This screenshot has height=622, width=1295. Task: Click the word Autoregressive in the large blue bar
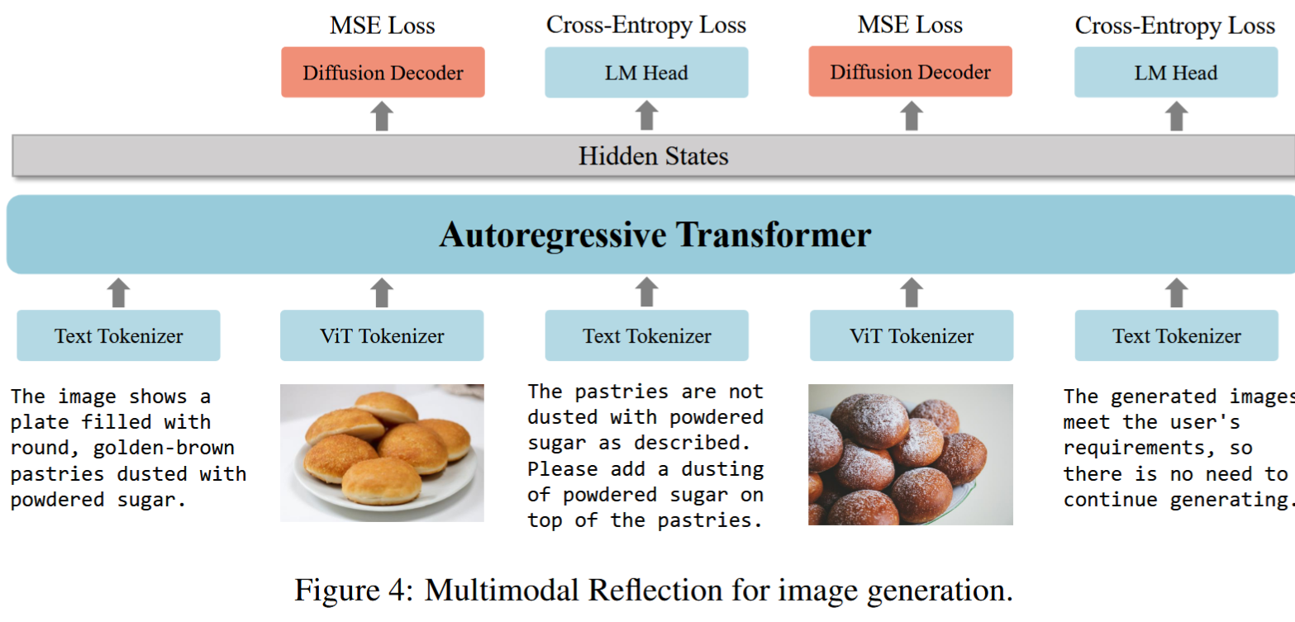[x=553, y=235]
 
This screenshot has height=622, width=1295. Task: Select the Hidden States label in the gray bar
[x=653, y=156]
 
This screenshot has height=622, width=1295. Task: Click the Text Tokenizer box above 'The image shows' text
[x=118, y=336]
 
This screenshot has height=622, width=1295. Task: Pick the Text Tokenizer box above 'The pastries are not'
[x=647, y=336]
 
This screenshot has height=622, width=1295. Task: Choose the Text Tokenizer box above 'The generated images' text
[x=1177, y=336]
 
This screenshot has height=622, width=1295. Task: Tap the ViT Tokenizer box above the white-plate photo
[x=382, y=336]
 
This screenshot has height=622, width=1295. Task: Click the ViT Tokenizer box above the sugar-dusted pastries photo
[x=912, y=336]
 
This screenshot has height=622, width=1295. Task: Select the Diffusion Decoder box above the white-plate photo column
[x=383, y=72]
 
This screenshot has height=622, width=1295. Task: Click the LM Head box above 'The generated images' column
[x=1176, y=72]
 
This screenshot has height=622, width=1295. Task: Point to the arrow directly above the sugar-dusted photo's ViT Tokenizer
[x=912, y=292]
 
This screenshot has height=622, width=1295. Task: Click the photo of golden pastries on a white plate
[x=382, y=453]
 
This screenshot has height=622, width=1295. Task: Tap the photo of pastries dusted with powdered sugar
[x=911, y=455]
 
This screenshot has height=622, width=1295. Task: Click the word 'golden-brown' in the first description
[x=164, y=449]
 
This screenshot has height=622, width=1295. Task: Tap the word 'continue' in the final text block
[x=1111, y=500]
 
